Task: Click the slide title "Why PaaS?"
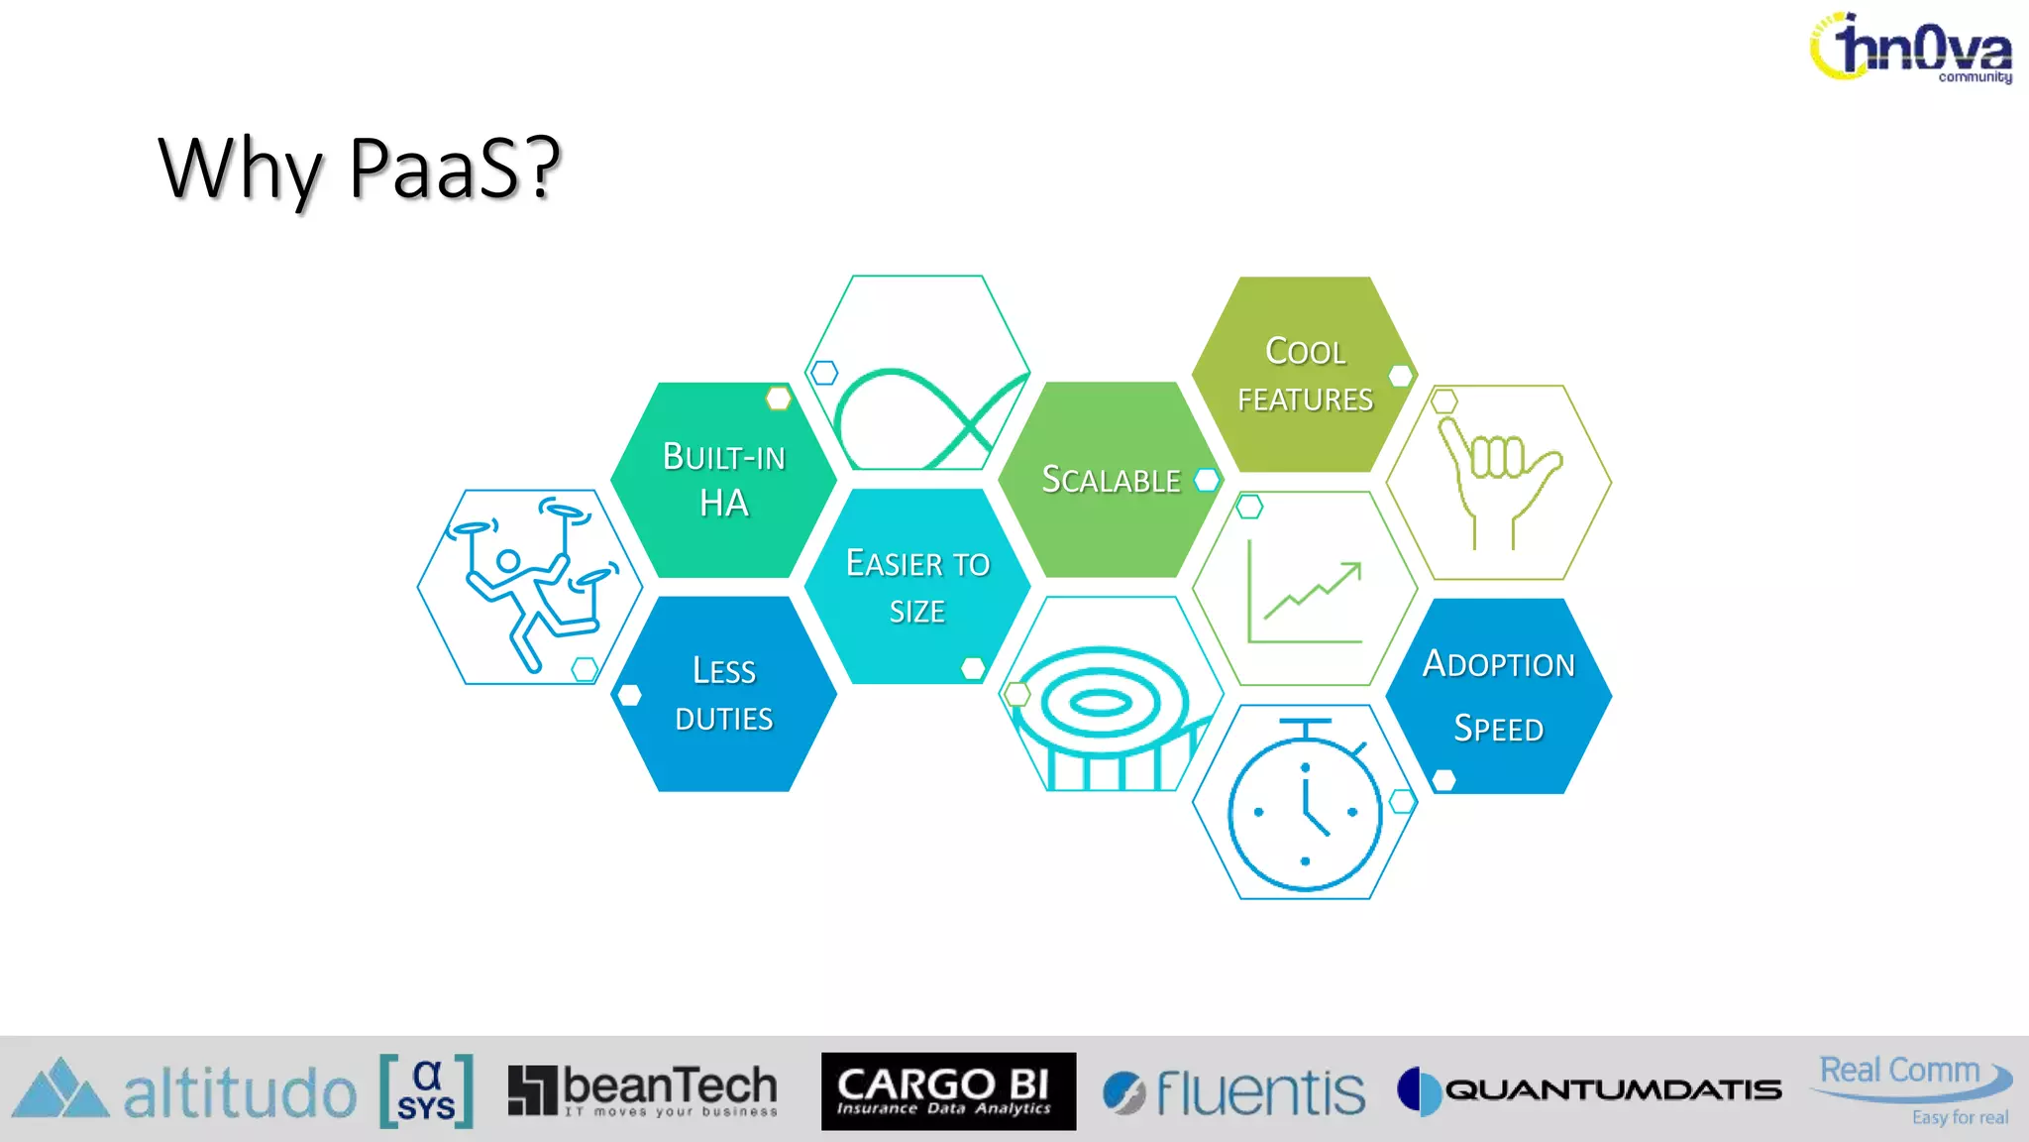click(359, 169)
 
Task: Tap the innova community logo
click(1912, 48)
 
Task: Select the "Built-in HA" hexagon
click(723, 480)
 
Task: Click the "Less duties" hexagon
click(723, 694)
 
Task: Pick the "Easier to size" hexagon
click(917, 586)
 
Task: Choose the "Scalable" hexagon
click(1111, 480)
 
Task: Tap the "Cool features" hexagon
click(1305, 375)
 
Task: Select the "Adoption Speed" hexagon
click(1498, 695)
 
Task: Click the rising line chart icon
click(1305, 589)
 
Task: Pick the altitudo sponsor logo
click(184, 1090)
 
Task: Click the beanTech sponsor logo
click(642, 1090)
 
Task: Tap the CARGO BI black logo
click(948, 1090)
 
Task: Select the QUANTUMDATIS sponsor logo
click(1589, 1090)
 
